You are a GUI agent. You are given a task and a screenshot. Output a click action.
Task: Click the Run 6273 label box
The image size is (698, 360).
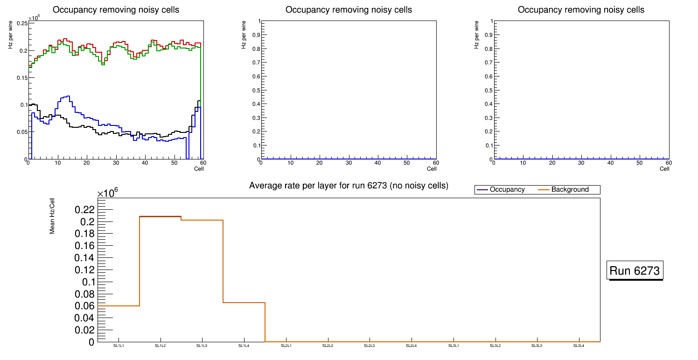pos(635,270)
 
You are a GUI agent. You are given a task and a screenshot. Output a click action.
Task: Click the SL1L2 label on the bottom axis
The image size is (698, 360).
pos(161,346)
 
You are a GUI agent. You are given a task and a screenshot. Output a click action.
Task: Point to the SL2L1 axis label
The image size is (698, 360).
pos(286,346)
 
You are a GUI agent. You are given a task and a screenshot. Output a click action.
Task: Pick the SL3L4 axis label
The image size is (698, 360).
pos(579,346)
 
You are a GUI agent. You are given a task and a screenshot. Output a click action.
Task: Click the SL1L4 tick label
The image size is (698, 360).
pos(244,346)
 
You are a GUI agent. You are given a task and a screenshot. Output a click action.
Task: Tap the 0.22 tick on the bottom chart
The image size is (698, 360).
pos(84,209)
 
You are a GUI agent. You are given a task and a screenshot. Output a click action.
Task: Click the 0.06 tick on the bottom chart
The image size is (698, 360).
pos(84,306)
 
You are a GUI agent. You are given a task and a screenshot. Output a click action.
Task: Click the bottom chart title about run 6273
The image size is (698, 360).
pos(349,186)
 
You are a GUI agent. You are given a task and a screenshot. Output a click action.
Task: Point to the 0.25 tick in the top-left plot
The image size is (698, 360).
pos(21,23)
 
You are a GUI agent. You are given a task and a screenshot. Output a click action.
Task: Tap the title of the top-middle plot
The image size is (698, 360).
pos(349,10)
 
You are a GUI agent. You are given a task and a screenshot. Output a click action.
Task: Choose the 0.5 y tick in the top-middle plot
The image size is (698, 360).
pos(255,90)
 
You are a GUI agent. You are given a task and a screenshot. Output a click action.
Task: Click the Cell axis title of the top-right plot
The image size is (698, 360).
pos(664,169)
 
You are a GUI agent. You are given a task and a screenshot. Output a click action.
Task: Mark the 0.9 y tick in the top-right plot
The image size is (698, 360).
pos(488,35)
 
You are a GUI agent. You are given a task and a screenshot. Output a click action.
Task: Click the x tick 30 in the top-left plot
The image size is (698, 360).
pos(116,163)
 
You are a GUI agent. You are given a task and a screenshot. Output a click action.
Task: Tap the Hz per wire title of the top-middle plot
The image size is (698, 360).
pos(244,37)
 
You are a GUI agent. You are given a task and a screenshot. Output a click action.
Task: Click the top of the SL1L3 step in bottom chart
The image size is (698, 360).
pos(202,220)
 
